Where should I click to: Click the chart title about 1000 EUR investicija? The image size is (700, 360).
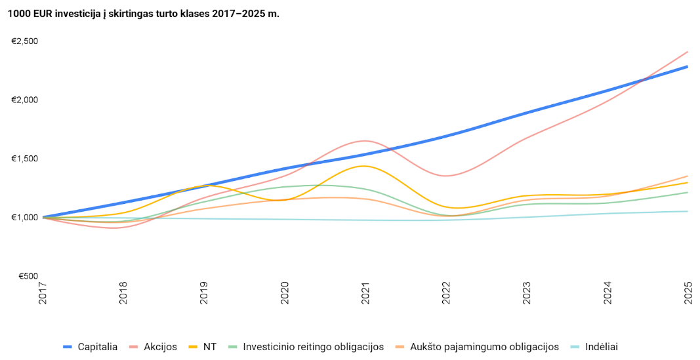click(144, 13)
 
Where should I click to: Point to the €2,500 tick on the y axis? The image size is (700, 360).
click(25, 41)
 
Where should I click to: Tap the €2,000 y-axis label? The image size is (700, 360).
click(25, 100)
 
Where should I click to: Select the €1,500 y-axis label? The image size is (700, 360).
click(25, 159)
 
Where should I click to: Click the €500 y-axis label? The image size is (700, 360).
click(27, 276)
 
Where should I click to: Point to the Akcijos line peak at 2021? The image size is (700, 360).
click(364, 141)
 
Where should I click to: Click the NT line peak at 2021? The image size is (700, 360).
click(363, 166)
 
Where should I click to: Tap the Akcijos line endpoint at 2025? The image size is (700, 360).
click(688, 52)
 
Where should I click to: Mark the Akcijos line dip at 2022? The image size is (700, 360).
click(445, 176)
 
